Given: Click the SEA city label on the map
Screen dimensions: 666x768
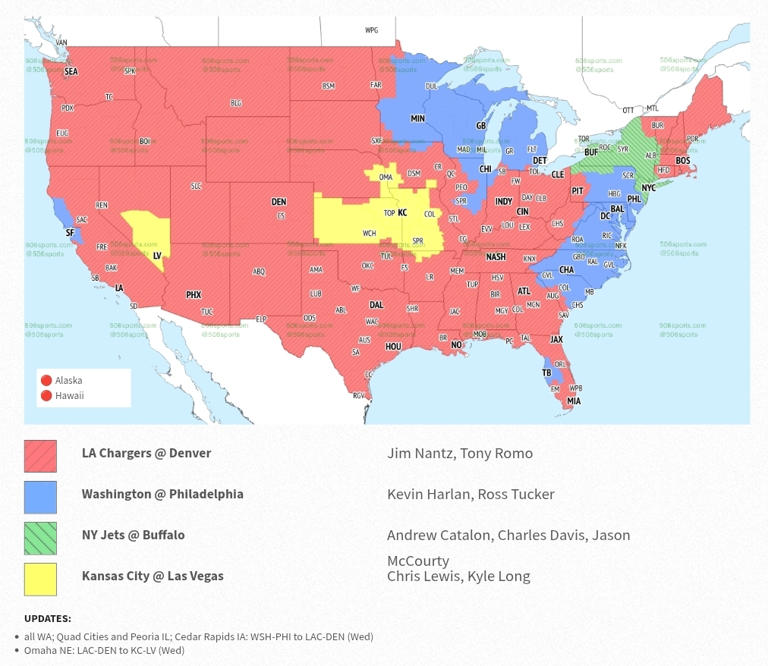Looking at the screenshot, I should (71, 72).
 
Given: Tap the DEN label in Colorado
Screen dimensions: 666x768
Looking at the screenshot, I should (279, 202).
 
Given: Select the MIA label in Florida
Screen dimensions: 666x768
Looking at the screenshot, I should (573, 401).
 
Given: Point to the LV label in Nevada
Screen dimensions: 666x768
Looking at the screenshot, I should (157, 255).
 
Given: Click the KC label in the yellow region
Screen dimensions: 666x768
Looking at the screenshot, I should (403, 213).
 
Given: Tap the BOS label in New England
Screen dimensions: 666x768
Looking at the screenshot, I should (683, 160).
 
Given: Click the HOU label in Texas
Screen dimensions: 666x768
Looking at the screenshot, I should (393, 346).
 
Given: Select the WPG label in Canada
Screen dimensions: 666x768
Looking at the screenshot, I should (371, 30).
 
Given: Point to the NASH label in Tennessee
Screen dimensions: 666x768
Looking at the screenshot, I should (496, 257).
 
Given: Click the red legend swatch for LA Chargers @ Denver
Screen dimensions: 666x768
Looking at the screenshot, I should (40, 456).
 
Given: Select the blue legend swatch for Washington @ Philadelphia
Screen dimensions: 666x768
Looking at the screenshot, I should (40, 497).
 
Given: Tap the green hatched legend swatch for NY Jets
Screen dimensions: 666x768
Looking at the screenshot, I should (40, 538).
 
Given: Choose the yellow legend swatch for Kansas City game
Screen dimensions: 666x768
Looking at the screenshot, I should (40, 579).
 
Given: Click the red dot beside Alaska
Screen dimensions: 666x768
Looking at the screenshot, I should (46, 380).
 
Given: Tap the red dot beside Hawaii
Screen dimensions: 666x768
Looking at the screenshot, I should (46, 396).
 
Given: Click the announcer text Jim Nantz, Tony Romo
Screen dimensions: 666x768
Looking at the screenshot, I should (459, 453).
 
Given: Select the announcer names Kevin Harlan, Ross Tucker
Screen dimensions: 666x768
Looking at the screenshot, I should (470, 494).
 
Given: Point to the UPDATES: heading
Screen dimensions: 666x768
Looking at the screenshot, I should (48, 618).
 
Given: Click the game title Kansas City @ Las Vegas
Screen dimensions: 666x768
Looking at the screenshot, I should (152, 576).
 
